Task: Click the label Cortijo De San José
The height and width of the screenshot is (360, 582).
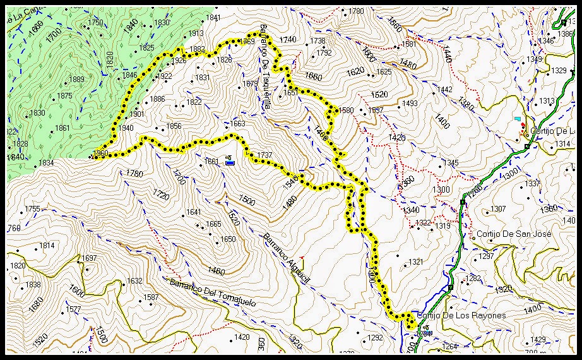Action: [x=514, y=234]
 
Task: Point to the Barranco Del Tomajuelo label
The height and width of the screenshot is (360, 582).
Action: [x=212, y=292]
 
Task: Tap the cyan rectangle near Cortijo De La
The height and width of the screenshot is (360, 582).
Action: [x=518, y=119]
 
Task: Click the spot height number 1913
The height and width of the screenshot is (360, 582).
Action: [x=196, y=33]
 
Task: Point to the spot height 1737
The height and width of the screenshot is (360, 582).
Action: [x=264, y=155]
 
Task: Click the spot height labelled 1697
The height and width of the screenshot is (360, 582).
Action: [x=89, y=258]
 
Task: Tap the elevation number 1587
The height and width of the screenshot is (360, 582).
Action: [x=151, y=297]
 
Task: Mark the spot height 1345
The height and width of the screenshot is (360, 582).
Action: [x=451, y=163]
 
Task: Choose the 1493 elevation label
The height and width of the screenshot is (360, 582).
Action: [x=410, y=104]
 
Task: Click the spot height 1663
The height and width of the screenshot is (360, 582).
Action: [x=237, y=124]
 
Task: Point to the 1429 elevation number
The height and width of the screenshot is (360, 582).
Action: [x=538, y=340]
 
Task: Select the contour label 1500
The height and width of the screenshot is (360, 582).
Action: [x=247, y=200]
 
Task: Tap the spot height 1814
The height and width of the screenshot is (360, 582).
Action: [x=47, y=246]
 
